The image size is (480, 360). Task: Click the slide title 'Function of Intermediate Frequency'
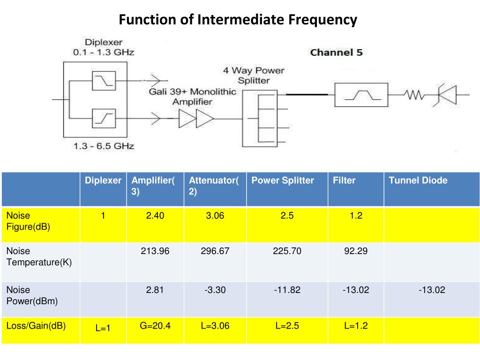238,20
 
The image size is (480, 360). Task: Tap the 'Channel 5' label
336,52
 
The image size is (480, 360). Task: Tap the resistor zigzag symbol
414,96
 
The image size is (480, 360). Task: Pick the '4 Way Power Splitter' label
254,75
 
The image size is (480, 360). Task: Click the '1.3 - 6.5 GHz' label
104,146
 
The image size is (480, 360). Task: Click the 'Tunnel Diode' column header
418,180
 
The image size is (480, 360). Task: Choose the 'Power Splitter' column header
283,180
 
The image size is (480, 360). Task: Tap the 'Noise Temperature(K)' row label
39,256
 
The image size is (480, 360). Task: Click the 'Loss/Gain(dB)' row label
36,325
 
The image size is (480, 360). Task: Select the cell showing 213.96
155,251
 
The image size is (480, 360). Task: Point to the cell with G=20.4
155,326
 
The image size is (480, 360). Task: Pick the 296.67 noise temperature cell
215,251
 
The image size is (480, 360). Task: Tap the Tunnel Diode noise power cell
432,290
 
